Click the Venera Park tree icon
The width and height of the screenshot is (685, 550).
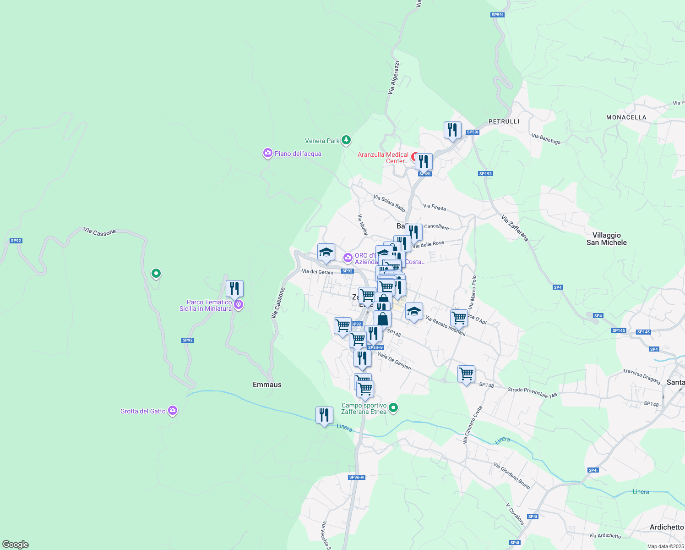pyautogui.click(x=347, y=140)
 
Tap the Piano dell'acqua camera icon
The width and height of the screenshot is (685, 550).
pyautogui.click(x=267, y=154)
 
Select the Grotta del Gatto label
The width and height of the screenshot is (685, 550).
pyautogui.click(x=143, y=411)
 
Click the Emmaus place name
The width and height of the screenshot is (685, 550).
pyautogui.click(x=267, y=385)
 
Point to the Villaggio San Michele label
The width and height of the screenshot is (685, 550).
pyautogui.click(x=607, y=239)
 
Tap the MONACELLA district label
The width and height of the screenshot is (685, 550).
pyautogui.click(x=626, y=117)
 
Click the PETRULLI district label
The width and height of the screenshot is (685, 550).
pyautogui.click(x=504, y=121)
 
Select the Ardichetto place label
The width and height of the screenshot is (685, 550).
pyautogui.click(x=666, y=527)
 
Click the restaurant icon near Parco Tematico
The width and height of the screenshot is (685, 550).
pyautogui.click(x=234, y=289)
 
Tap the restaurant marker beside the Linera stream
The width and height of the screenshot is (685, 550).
pyautogui.click(x=324, y=415)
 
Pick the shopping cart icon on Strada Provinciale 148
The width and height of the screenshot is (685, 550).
pyautogui.click(x=466, y=374)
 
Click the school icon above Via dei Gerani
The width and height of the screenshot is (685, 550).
pyautogui.click(x=326, y=252)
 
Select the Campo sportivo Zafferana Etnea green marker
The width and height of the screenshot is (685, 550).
pyautogui.click(x=393, y=407)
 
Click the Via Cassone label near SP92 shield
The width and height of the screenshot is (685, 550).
pyautogui.click(x=99, y=232)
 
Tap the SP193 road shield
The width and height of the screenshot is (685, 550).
pyautogui.click(x=485, y=174)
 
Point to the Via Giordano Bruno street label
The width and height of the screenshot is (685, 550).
pyautogui.click(x=511, y=475)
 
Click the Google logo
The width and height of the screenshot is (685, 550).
pyautogui.click(x=16, y=544)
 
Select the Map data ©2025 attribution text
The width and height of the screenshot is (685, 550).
pyautogui.click(x=665, y=546)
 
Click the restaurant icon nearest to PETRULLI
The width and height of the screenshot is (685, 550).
pyautogui.click(x=452, y=130)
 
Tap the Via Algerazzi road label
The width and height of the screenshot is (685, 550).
pyautogui.click(x=394, y=78)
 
